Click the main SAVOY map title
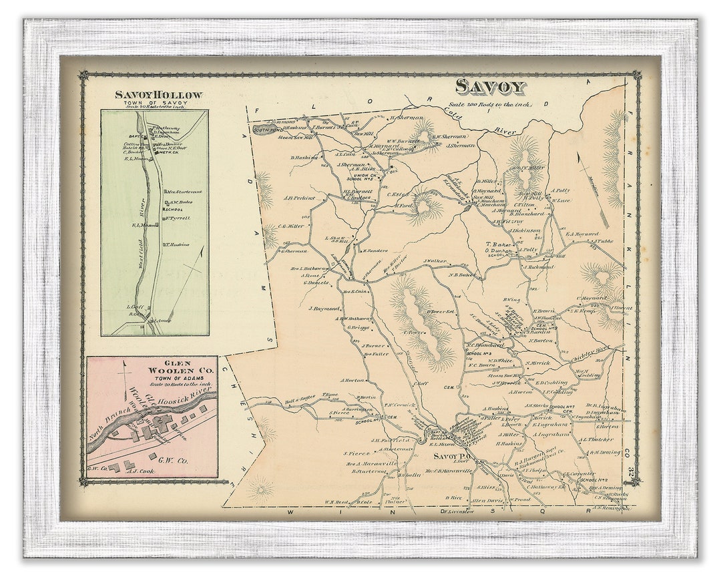coord(491,86)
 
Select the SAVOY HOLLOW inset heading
coord(158,95)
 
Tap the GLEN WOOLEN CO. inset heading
coord(153,368)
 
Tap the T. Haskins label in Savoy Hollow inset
coord(178,244)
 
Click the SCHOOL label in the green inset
coord(178,209)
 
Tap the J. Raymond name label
coord(324,309)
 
